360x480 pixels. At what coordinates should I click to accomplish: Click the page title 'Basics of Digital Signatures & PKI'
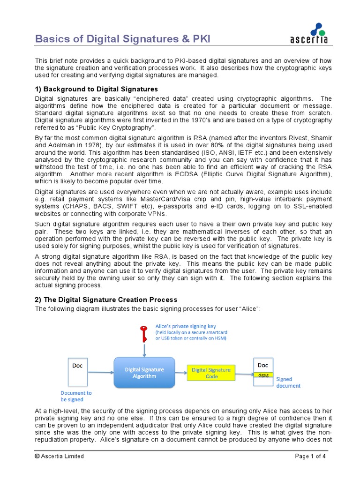point(123,39)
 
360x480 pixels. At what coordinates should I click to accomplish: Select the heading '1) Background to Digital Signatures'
point(97,89)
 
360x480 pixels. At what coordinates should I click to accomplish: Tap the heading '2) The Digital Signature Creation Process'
point(106,300)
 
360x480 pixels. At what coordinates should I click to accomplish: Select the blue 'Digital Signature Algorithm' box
point(144,372)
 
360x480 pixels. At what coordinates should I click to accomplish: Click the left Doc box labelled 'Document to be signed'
point(78,372)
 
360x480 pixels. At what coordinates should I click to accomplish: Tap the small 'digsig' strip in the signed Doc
point(263,375)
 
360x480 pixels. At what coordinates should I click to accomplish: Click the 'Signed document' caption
point(288,382)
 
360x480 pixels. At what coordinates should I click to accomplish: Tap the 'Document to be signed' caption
point(76,396)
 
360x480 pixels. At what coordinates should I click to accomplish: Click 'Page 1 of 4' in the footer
point(310,456)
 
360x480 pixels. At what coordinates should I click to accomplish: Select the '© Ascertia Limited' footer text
point(60,456)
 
